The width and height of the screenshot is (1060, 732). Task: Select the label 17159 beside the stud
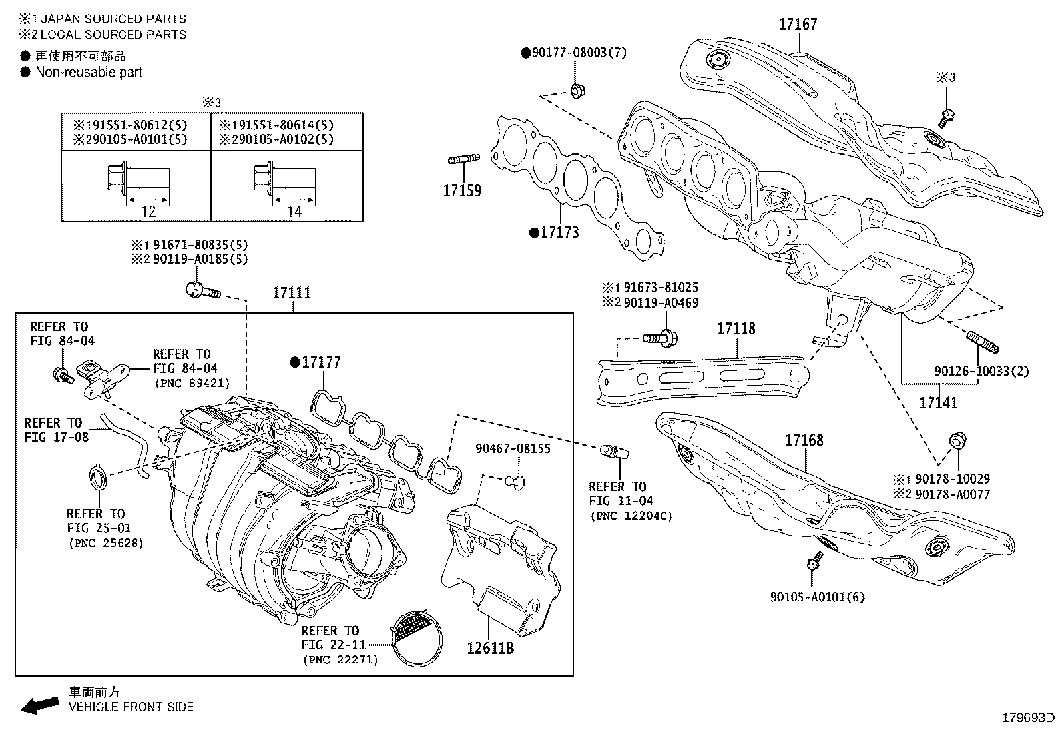462,191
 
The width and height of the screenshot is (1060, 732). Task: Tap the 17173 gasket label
559,232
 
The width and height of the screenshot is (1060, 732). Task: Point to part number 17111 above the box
291,293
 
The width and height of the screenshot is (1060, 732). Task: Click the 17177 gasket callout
321,362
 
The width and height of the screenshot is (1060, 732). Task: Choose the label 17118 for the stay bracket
736,329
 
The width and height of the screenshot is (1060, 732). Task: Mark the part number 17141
938,402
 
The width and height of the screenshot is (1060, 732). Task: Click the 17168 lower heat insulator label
804,440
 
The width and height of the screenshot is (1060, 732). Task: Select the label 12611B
490,647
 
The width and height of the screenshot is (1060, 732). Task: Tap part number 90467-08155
513,448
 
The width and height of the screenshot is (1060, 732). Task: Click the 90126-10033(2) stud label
981,371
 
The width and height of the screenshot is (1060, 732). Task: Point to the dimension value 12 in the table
148,212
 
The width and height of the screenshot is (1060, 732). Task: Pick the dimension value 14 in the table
295,212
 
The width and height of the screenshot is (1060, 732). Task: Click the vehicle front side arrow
39,705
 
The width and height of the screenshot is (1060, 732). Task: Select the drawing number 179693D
1029,718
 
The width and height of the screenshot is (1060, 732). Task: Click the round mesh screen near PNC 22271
416,637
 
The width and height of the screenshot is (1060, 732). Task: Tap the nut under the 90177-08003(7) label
577,90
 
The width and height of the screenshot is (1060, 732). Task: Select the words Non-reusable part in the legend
89,72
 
